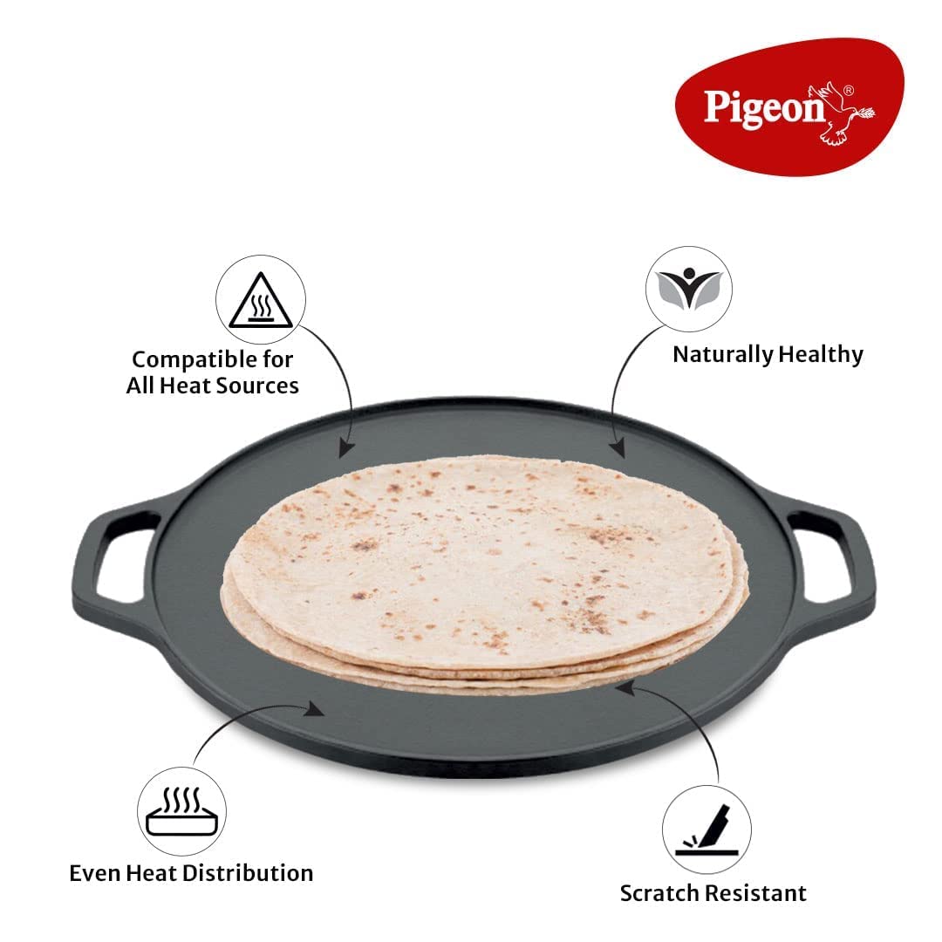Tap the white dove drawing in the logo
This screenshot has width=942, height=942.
tap(840, 114)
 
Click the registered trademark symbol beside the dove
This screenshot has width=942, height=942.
tap(848, 91)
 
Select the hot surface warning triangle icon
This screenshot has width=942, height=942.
tap(261, 300)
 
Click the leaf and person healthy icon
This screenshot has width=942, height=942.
tap(689, 289)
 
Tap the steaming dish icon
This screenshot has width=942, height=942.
tap(182, 812)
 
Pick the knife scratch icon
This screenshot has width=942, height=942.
tap(707, 830)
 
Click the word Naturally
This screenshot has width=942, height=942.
tap(723, 354)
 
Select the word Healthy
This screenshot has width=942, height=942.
tap(820, 354)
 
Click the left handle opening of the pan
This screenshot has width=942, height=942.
tap(125, 558)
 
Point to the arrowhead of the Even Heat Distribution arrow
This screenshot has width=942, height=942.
tap(314, 709)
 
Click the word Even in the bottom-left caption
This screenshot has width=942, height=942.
tap(92, 873)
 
